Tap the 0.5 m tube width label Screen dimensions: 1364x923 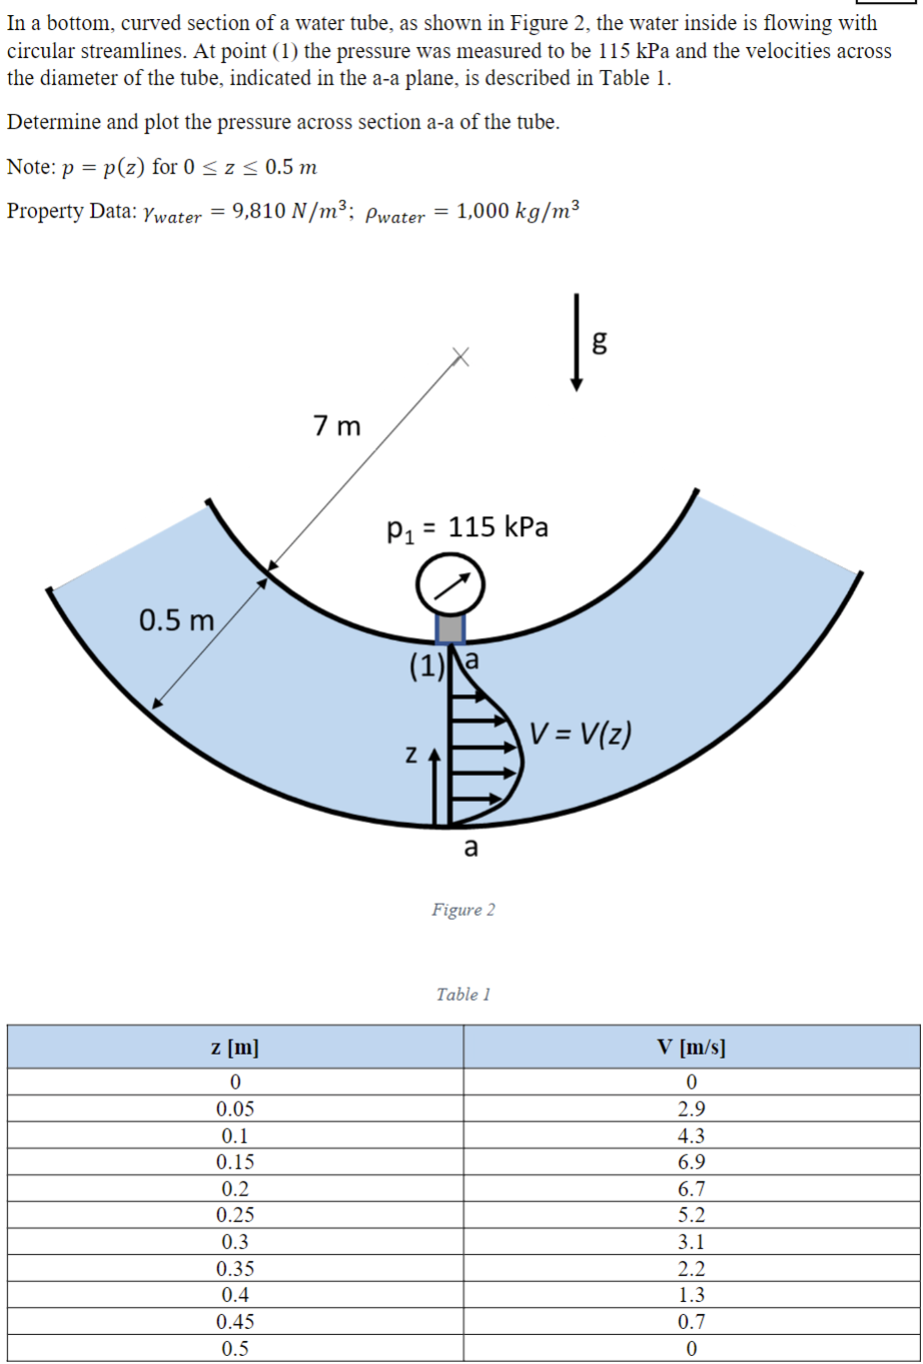[x=177, y=621]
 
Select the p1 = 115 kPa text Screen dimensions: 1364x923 [x=466, y=526]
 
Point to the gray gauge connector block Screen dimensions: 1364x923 [x=451, y=628]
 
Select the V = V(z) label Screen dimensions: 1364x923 [x=579, y=737]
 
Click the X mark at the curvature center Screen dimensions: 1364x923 [x=459, y=356]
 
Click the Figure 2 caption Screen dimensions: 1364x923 [x=463, y=910]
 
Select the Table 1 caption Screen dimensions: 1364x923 [x=463, y=995]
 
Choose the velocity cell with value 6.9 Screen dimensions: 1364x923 [x=690, y=1162]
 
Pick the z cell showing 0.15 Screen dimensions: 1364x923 [x=235, y=1162]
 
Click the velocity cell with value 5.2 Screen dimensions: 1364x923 [x=690, y=1215]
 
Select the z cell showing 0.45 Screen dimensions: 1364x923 [x=235, y=1322]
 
